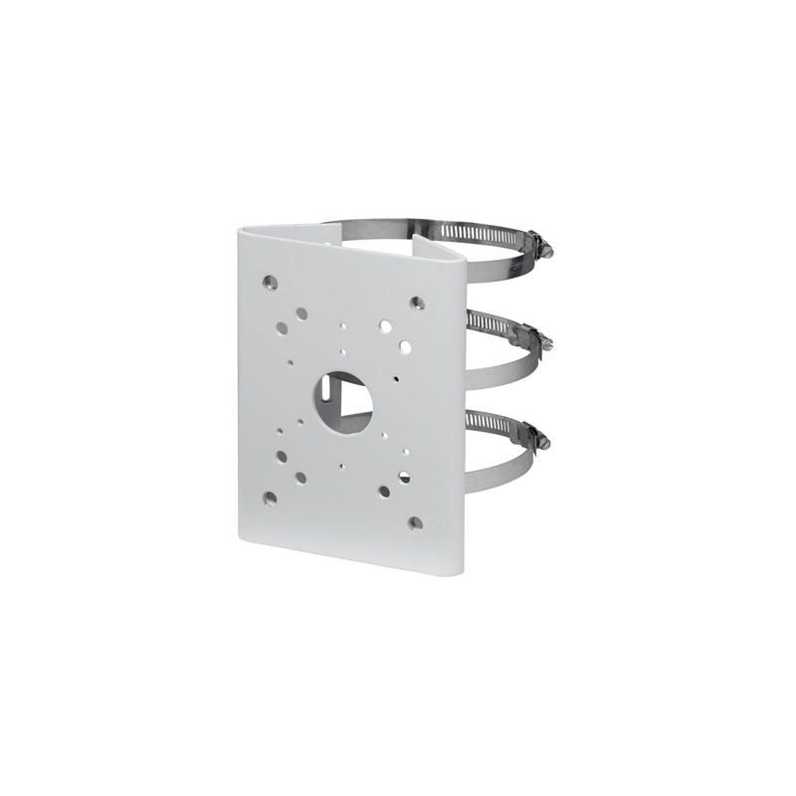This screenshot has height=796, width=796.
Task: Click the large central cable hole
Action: tap(345, 401)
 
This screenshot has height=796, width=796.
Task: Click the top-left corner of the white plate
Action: tap(240, 228)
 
